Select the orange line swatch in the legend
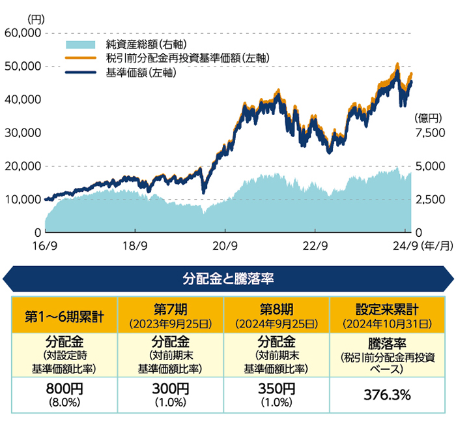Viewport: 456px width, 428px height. pos(81,59)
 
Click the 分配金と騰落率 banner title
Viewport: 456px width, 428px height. pos(227,279)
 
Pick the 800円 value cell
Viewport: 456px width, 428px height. pos(64,389)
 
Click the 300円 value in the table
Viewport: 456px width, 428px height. pos(171,389)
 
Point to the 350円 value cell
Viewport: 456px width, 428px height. pos(277,389)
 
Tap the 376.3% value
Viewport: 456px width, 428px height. pos(382,394)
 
